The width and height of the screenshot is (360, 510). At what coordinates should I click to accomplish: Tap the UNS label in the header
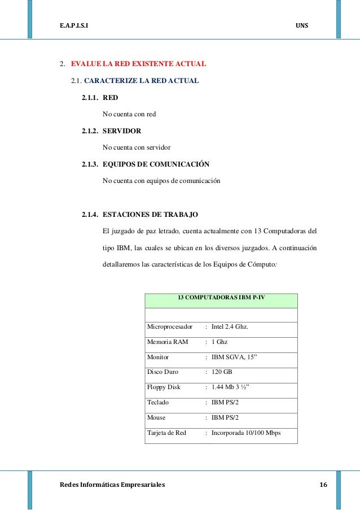(x=302, y=27)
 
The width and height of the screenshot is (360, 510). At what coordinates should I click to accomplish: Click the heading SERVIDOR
(x=122, y=131)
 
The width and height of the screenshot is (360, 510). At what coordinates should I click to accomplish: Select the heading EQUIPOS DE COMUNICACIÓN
(x=156, y=164)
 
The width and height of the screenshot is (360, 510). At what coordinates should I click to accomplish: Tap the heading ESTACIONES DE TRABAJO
(x=150, y=215)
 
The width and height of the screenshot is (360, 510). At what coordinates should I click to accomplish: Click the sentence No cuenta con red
(x=129, y=114)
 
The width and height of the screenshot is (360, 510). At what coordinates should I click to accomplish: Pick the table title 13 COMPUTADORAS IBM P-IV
(x=221, y=297)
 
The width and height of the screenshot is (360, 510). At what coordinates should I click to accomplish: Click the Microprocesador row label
(x=170, y=327)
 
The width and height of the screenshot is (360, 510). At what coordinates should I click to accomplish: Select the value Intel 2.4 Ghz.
(x=230, y=327)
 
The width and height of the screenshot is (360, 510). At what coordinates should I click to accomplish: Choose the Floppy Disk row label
(x=164, y=387)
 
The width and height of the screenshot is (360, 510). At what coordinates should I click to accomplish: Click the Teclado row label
(x=158, y=403)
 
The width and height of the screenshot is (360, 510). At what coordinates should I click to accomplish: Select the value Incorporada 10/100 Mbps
(x=246, y=433)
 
